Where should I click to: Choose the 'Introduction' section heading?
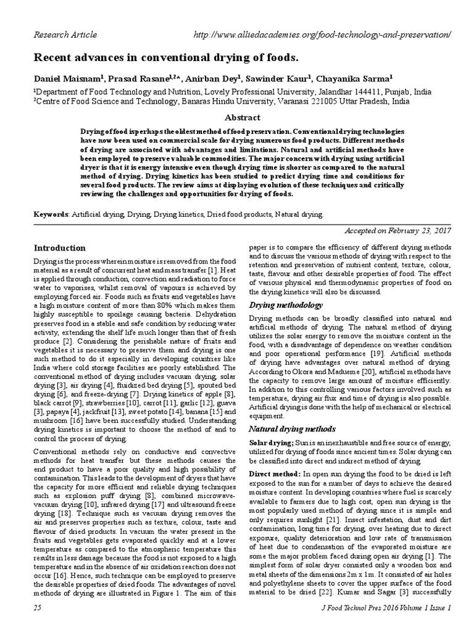[59, 247]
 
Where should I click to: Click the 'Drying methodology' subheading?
[285, 306]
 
